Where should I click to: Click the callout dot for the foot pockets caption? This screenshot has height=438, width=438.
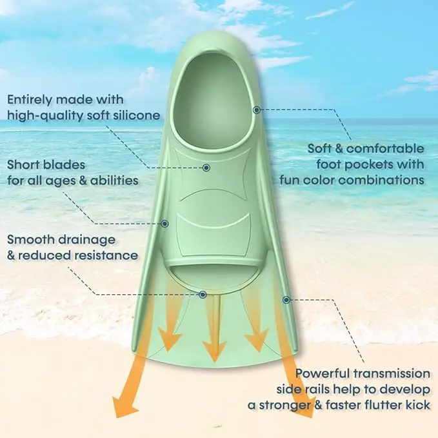click(x=256, y=110)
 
